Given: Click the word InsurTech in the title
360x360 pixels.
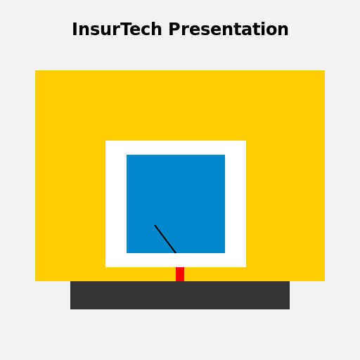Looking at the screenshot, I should pyautogui.click(x=118, y=30).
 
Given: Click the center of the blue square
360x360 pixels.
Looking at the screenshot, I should pyautogui.click(x=176, y=204).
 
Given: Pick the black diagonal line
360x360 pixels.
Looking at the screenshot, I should pyautogui.click(x=165, y=239).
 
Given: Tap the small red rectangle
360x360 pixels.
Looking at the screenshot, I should pyautogui.click(x=180, y=274).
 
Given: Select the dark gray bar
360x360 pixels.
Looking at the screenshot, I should pyautogui.click(x=180, y=295).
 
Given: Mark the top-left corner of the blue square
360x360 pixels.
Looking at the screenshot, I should pyautogui.click(x=127, y=155).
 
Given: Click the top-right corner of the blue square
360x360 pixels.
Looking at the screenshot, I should pyautogui.click(x=224, y=155).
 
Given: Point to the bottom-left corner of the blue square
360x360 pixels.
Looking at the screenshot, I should pyautogui.click(x=127, y=252).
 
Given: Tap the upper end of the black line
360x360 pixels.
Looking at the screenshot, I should pyautogui.click(x=155, y=226).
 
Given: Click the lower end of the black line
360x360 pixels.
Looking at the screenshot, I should pyautogui.click(x=175, y=252).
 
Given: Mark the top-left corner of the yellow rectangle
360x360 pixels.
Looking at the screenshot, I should pyautogui.click(x=36, y=71).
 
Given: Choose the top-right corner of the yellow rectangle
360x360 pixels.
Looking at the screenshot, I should pyautogui.click(x=324, y=71).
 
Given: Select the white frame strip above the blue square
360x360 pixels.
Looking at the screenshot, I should pyautogui.click(x=176, y=148).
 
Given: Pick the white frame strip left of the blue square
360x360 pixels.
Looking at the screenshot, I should pyautogui.click(x=116, y=204).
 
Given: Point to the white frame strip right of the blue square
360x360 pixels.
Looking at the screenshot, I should pyautogui.click(x=236, y=204).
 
